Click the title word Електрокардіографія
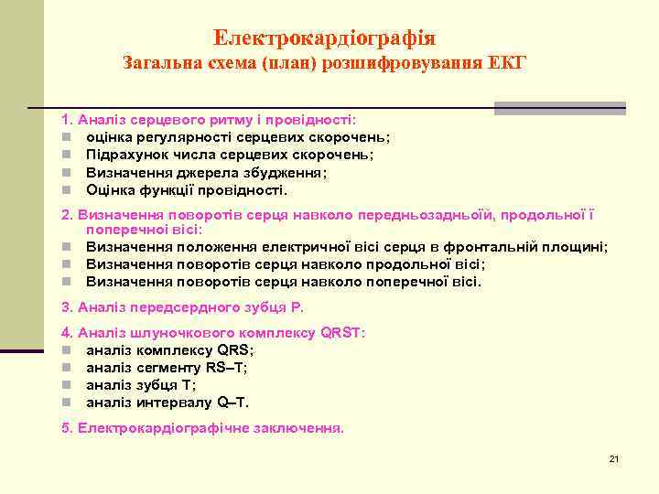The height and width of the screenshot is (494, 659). [x=324, y=38]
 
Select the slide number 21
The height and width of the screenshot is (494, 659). [x=614, y=458]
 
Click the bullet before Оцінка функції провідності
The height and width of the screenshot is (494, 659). [x=67, y=190]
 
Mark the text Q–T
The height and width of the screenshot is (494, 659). [x=232, y=403]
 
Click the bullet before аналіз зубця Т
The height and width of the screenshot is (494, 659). [x=67, y=385]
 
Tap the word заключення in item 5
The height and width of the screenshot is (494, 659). [x=299, y=428]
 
